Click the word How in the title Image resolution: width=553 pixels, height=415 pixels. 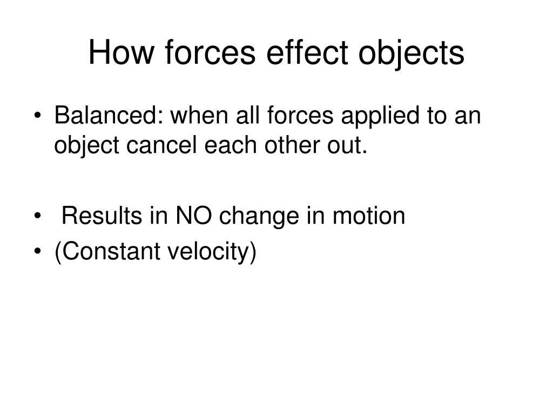click(121, 52)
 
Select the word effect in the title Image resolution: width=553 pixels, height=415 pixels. click(307, 52)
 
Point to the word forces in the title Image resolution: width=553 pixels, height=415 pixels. click(210, 52)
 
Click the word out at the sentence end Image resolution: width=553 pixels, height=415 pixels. click(345, 146)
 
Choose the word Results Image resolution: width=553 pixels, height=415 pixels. click(102, 215)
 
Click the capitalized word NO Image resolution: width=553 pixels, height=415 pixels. click(193, 215)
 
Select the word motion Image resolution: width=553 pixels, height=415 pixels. click(369, 215)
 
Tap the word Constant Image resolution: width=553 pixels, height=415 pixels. click(111, 251)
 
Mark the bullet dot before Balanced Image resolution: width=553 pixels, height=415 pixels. click(38, 116)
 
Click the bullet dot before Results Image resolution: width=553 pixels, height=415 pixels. click(38, 216)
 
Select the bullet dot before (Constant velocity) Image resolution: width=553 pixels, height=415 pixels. click(38, 252)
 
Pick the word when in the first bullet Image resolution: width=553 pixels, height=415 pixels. click(199, 115)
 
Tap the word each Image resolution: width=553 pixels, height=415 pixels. click(231, 145)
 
